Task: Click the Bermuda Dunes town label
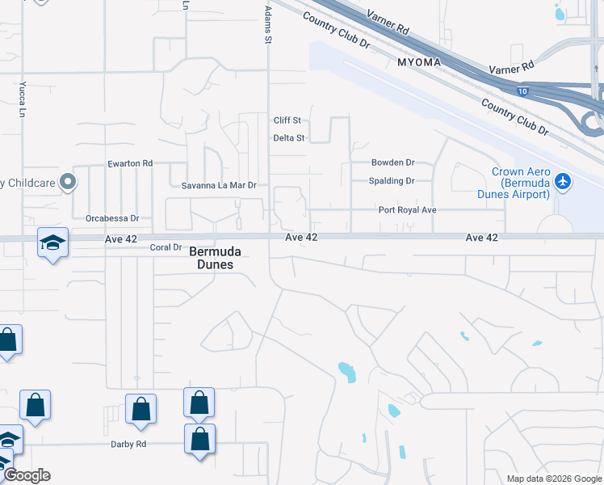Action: pyautogui.click(x=216, y=258)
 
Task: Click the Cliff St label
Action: pyautogui.click(x=287, y=120)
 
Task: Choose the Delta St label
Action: pyautogui.click(x=288, y=138)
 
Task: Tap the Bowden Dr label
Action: pyautogui.click(x=392, y=162)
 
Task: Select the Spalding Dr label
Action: pyautogui.click(x=392, y=181)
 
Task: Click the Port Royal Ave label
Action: pyautogui.click(x=408, y=210)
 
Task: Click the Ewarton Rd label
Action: pyautogui.click(x=130, y=163)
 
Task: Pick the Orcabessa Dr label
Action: pyautogui.click(x=112, y=218)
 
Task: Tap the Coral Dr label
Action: pyautogui.click(x=166, y=247)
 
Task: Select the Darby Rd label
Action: pyautogui.click(x=128, y=444)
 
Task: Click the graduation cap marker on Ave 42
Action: pyautogui.click(x=52, y=242)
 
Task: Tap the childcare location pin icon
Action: pyautogui.click(x=69, y=182)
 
